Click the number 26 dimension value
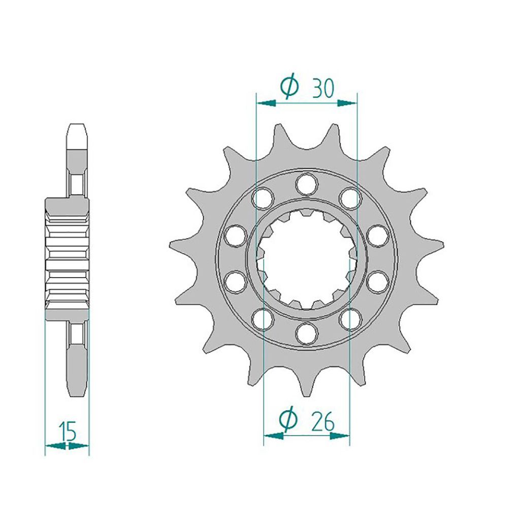click(323, 422)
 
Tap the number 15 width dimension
click(68, 431)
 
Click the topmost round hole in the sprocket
click(307, 183)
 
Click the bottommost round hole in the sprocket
click(307, 333)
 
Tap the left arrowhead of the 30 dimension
click(267, 103)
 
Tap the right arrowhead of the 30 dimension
click(347, 103)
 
